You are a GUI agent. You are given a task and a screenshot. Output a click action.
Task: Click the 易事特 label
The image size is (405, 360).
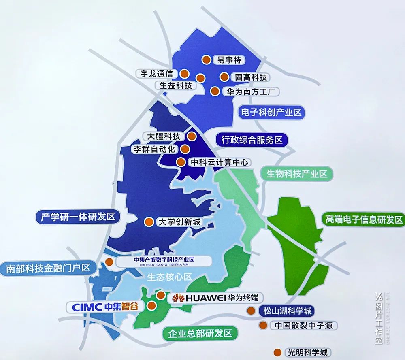229,60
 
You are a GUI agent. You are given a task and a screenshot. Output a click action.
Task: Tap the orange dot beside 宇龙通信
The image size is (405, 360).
184,74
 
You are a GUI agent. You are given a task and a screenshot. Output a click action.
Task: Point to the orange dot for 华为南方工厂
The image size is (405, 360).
215,91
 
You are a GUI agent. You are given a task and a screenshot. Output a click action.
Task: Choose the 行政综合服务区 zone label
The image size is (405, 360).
252,140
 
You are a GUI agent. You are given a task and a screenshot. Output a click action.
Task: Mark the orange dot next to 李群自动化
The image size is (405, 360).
184,149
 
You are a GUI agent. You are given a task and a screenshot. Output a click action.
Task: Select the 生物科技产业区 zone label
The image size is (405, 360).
296,174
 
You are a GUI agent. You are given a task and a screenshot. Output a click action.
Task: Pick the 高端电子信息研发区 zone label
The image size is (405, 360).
363,219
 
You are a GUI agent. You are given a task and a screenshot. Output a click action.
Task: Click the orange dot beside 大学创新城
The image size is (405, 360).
149,222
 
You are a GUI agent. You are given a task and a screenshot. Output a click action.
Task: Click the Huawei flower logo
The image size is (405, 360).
178,298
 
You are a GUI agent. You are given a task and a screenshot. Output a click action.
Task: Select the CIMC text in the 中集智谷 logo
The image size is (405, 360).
87,307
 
